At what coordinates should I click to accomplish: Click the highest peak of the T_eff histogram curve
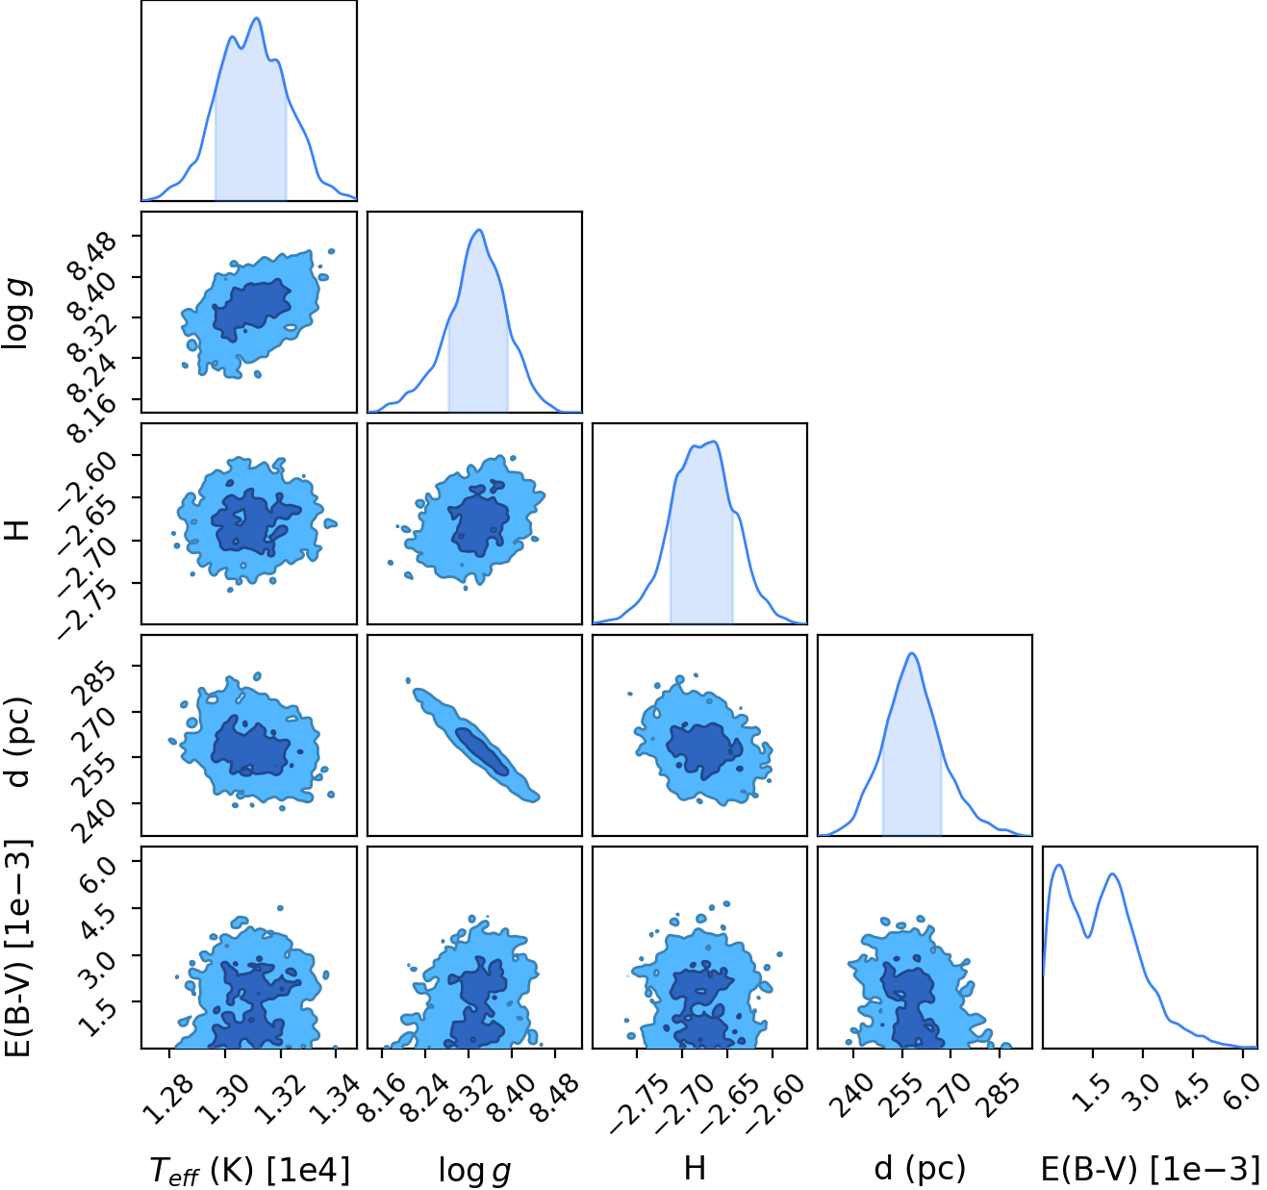click(x=257, y=18)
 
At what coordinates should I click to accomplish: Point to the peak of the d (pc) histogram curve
click(x=912, y=653)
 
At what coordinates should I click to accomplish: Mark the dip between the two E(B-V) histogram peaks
click(x=1088, y=936)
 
